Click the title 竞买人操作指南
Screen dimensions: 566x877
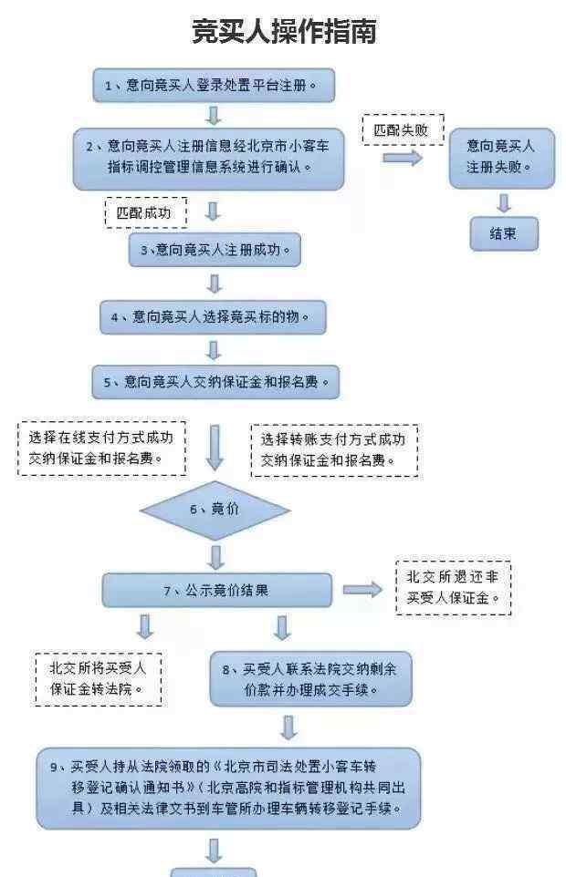[x=284, y=31]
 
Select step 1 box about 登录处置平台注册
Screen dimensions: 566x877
[x=214, y=86]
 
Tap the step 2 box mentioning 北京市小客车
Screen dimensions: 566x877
[x=208, y=159]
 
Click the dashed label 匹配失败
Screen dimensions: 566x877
[x=403, y=130]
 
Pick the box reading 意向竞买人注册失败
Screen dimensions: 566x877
[x=501, y=158]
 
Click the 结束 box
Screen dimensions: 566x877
[x=504, y=233]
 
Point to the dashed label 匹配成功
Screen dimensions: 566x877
[x=146, y=213]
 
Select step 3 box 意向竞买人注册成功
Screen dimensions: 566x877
[x=215, y=250]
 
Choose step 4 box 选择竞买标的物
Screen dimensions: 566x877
[x=213, y=317]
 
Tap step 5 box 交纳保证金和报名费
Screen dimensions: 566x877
[x=215, y=383]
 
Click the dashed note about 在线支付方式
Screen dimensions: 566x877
[x=102, y=449]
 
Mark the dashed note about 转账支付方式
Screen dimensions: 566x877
[x=334, y=450]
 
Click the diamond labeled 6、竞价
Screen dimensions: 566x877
[x=215, y=510]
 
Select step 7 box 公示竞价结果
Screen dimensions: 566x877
[x=216, y=590]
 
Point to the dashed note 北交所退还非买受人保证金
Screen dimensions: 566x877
[x=454, y=588]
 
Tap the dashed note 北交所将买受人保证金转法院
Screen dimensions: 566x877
[x=99, y=679]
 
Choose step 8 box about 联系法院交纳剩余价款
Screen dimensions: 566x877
[x=310, y=678]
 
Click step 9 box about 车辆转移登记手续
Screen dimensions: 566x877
[x=228, y=789]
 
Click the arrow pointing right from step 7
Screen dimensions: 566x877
[x=362, y=590]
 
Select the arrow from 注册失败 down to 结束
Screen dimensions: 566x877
[x=504, y=202]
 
